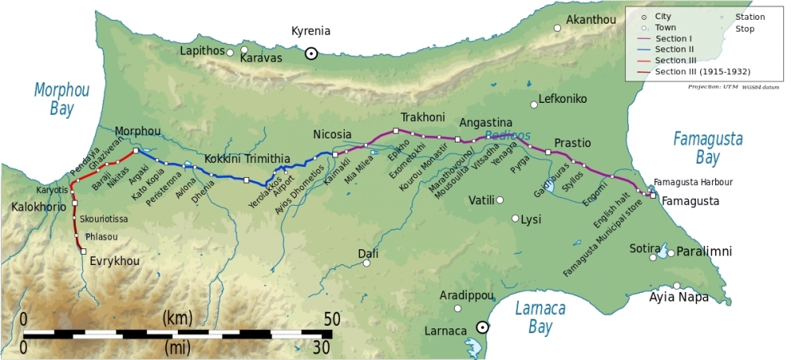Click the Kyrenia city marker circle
pyautogui.click(x=312, y=53)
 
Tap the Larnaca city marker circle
pyautogui.click(x=482, y=328)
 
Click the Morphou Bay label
pyautogui.click(x=61, y=99)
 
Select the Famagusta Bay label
pyautogui.click(x=708, y=149)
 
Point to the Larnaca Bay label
pyautogui.click(x=539, y=317)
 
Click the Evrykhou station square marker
pyautogui.click(x=83, y=251)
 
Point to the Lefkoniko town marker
pyautogui.click(x=533, y=100)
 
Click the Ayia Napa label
pyautogui.click(x=679, y=298)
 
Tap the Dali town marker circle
pyautogui.click(x=366, y=263)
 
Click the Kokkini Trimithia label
pyautogui.click(x=247, y=159)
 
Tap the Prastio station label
pyautogui.click(x=572, y=142)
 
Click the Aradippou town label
pyautogui.click(x=467, y=295)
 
